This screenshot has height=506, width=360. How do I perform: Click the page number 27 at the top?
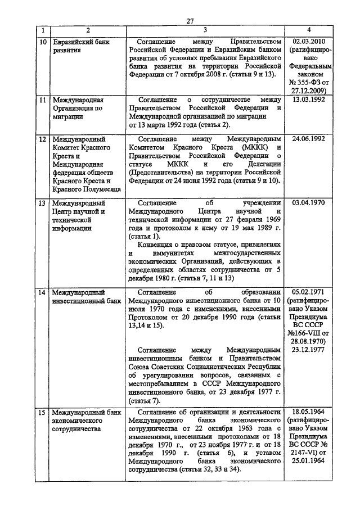click(x=190, y=21)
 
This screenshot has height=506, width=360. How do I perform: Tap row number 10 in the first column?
click(x=42, y=42)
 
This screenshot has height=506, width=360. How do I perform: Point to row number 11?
click(x=42, y=100)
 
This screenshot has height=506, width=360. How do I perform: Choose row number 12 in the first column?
click(x=42, y=138)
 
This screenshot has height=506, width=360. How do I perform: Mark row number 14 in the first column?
click(x=42, y=292)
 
